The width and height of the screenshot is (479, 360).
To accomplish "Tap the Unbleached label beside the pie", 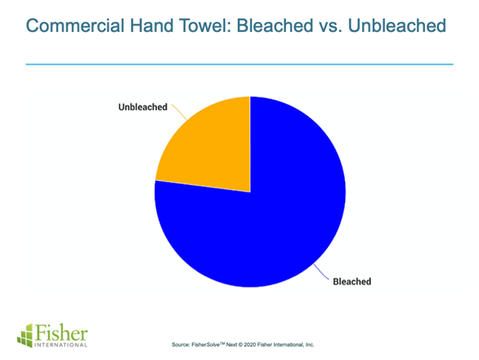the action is tap(143, 107).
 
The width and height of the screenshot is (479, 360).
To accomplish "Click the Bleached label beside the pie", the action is tap(352, 281).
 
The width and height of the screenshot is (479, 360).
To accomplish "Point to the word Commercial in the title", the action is tap(75, 25).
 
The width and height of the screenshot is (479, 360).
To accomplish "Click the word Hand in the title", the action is tap(152, 25).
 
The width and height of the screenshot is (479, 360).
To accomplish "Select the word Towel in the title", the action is tap(206, 25).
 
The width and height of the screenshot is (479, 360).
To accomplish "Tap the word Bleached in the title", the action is tap(275, 25).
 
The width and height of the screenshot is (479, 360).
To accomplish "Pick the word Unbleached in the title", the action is tap(397, 25).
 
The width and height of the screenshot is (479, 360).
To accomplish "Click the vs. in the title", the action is tap(330, 27).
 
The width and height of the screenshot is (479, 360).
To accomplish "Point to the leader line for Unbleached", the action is tap(179, 111).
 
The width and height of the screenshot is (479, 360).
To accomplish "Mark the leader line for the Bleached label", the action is tap(321, 272).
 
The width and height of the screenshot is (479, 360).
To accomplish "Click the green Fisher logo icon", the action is tap(25, 335).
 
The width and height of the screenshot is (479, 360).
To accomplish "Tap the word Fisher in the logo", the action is tap(61, 332).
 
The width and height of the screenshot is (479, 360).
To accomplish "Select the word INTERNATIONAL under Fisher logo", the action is tap(61, 345).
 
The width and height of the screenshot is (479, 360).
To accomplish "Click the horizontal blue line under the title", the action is tap(239, 65).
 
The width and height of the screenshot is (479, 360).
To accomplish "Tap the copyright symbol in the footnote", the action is tap(240, 344).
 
